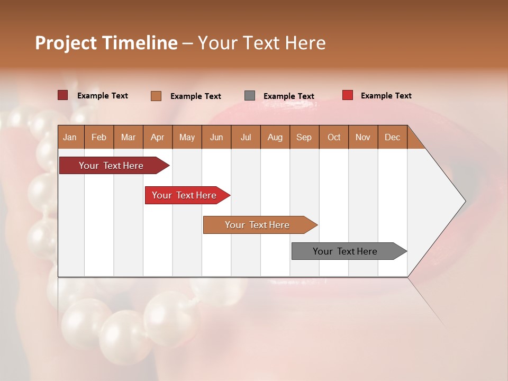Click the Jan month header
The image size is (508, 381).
pyautogui.click(x=70, y=137)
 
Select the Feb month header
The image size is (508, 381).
pyautogui.click(x=99, y=137)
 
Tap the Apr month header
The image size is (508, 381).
pyautogui.click(x=157, y=137)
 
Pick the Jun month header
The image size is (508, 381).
pyautogui.click(x=216, y=137)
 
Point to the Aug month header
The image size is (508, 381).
pyautogui.click(x=275, y=137)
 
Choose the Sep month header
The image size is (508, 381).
pyautogui.click(x=304, y=137)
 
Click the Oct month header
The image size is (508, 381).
pyautogui.click(x=334, y=137)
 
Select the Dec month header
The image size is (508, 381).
pyautogui.click(x=392, y=137)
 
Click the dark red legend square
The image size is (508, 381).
pyautogui.click(x=63, y=95)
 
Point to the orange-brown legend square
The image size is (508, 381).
pyautogui.click(x=156, y=96)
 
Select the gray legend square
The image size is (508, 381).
pyautogui.click(x=250, y=96)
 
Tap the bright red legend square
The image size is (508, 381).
pyautogui.click(x=348, y=95)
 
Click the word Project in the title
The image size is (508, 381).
pyautogui.click(x=65, y=43)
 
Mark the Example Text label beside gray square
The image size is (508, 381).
pyautogui.click(x=289, y=96)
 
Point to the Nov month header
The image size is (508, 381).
pyautogui.click(x=363, y=137)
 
